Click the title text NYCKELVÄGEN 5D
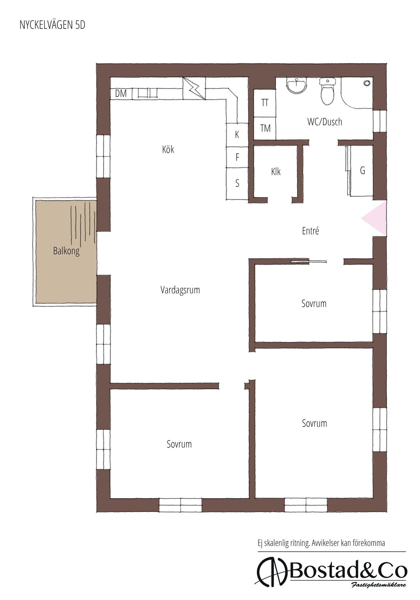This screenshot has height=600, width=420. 52,25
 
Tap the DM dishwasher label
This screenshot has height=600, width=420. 121,93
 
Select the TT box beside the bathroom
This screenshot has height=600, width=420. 264,103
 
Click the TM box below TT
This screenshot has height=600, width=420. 264,128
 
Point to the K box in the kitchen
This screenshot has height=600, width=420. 237,135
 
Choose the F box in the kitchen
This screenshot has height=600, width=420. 237,157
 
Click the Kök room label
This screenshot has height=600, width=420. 168,149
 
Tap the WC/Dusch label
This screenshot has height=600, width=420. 325,122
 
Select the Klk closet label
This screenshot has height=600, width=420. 276,172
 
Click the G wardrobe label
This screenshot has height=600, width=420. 363,171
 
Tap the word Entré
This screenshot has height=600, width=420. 310,231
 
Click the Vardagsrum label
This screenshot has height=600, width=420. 180,290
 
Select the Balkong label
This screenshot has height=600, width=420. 66,251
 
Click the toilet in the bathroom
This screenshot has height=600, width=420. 327,91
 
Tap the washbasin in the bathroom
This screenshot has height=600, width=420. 296,86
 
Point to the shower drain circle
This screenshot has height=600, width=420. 367,83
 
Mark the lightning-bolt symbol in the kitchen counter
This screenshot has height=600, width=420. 194,88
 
